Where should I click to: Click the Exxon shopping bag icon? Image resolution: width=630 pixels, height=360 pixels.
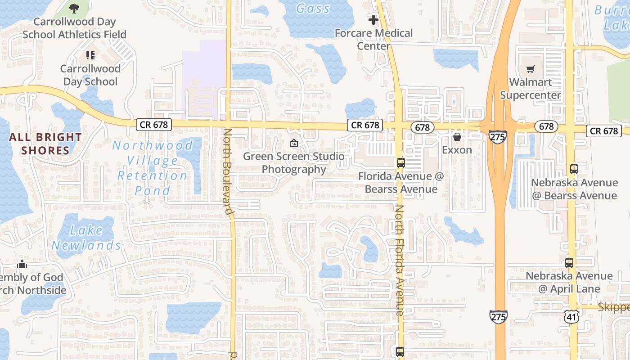tap(457, 137)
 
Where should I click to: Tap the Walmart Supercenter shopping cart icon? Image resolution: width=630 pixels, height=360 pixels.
tap(531, 69)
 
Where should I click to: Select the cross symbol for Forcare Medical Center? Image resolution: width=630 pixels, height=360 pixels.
tap(373, 20)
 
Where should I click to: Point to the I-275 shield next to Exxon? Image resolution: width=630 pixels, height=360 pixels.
tap(498, 136)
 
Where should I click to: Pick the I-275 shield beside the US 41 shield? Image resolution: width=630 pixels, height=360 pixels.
tap(499, 316)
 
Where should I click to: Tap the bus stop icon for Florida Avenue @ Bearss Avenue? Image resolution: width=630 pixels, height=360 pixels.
tap(400, 163)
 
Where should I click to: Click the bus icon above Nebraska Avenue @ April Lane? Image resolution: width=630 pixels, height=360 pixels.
tap(569, 263)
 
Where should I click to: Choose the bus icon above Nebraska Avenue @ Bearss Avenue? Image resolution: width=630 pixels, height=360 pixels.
tap(574, 169)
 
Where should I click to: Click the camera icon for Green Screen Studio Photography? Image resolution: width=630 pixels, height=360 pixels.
tap(294, 143)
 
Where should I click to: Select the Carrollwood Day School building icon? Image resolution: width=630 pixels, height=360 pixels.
tap(90, 55)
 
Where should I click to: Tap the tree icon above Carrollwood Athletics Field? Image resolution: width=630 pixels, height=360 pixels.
tap(74, 8)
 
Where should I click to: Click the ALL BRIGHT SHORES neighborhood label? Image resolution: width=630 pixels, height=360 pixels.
tap(45, 144)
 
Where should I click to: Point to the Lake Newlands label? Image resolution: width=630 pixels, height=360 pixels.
tap(86, 238)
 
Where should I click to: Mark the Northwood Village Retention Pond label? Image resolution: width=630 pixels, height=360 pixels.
tap(153, 168)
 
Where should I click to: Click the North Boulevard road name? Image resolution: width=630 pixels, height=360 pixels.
tap(228, 171)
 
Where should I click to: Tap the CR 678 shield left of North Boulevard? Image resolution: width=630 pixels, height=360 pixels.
tap(154, 125)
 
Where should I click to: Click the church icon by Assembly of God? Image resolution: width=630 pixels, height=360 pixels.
tap(22, 264)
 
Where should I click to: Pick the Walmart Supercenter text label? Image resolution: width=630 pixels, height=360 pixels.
tap(530, 89)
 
